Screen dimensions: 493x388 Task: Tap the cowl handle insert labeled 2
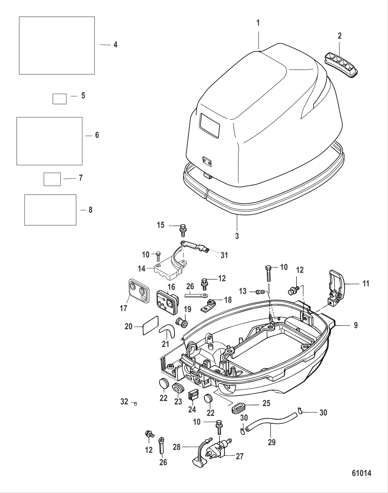342,62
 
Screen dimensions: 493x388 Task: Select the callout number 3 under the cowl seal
237,236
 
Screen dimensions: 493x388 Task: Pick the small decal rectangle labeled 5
59,99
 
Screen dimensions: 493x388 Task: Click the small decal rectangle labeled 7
52,179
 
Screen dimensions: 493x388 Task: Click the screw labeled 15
182,228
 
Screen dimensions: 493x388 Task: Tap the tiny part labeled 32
135,403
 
